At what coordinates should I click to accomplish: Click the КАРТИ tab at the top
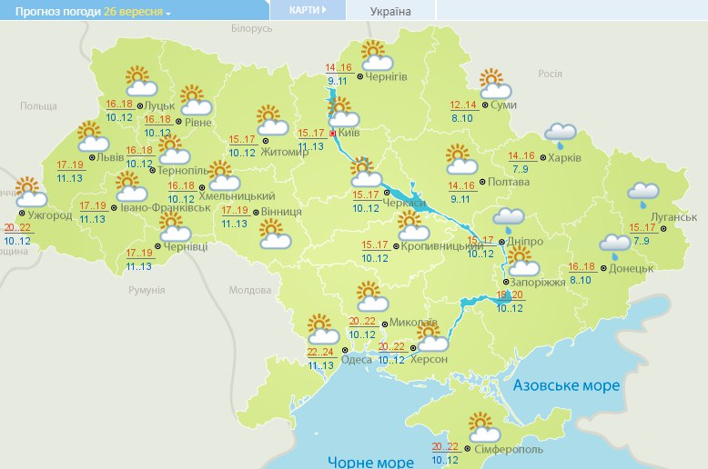click(307, 10)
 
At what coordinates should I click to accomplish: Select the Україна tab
click(390, 11)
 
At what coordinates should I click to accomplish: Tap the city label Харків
click(564, 158)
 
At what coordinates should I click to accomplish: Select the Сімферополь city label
click(508, 449)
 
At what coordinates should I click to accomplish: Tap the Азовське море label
click(566, 385)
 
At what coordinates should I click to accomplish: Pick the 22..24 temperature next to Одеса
click(319, 352)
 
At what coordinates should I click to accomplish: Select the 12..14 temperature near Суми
click(463, 105)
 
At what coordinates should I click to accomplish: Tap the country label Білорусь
click(251, 29)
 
